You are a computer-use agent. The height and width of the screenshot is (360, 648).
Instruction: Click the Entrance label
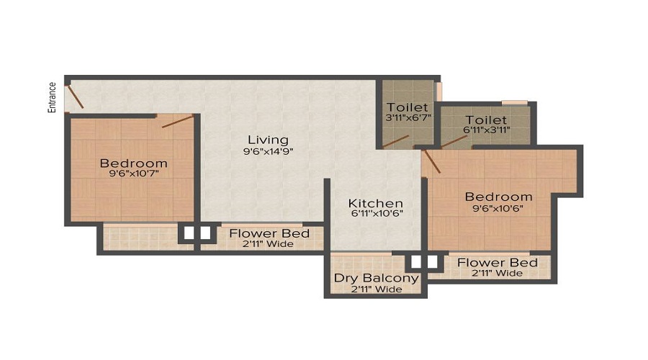tap(52, 96)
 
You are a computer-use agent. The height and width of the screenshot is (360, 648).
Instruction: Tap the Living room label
tap(268, 140)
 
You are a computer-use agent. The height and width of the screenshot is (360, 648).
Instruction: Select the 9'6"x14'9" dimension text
tap(268, 151)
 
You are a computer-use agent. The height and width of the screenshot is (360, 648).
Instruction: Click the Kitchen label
tap(376, 203)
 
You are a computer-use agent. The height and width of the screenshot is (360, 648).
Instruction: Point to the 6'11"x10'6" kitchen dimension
tap(376, 215)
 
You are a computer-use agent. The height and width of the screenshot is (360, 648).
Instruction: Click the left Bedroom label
tap(133, 163)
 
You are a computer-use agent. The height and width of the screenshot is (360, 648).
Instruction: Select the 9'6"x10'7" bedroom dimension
tap(133, 174)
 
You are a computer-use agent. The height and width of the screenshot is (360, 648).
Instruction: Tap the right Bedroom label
tap(498, 197)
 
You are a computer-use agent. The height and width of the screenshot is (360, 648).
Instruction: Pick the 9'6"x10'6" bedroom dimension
tap(498, 208)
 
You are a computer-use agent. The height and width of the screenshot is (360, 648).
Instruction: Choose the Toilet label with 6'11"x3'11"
tap(486, 120)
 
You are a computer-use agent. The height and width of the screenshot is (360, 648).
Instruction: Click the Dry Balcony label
tap(376, 278)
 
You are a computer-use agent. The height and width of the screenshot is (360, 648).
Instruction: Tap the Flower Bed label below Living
tap(269, 233)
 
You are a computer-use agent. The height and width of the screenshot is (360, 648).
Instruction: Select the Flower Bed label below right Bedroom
tap(498, 262)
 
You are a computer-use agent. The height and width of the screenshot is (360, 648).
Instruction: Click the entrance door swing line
tap(74, 97)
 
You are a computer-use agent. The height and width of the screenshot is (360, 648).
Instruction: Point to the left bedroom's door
tap(177, 121)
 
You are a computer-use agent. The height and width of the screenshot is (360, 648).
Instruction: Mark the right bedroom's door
tap(431, 161)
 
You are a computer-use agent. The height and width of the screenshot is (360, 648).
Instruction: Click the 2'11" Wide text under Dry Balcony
tap(376, 289)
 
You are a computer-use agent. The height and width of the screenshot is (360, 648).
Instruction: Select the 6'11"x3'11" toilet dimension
tap(486, 130)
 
